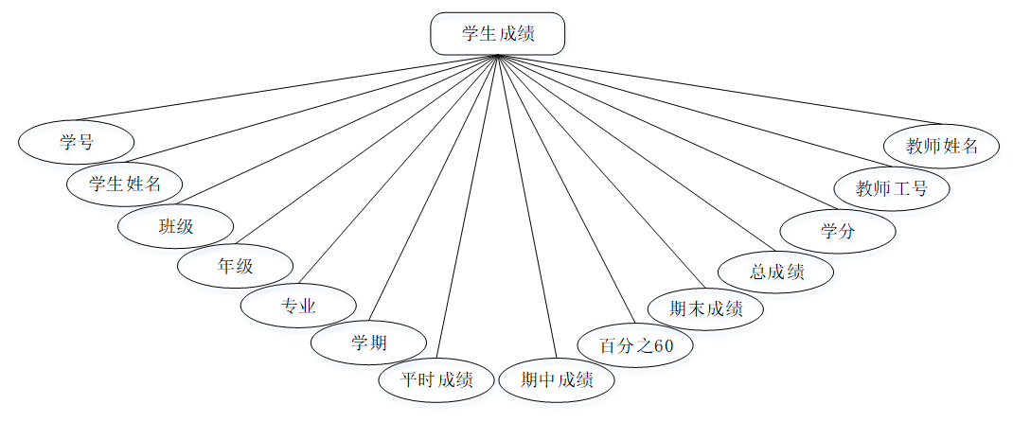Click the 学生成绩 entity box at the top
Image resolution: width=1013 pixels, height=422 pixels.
[x=497, y=34]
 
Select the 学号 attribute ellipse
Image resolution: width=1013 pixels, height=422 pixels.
[x=77, y=143]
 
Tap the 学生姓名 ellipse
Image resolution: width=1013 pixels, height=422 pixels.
[x=125, y=184]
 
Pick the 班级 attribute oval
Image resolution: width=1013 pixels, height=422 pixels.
[x=175, y=226]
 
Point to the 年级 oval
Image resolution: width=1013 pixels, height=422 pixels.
[x=236, y=266]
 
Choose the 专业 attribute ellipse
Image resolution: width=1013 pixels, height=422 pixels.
[x=298, y=307]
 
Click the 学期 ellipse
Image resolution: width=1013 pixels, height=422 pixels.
[x=368, y=343]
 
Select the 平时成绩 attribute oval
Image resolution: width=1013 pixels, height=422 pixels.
[x=436, y=380]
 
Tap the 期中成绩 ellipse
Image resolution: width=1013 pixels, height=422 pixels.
[x=557, y=380]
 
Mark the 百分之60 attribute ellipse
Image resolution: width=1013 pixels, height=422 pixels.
[x=635, y=345]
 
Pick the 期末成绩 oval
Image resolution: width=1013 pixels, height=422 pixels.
[x=705, y=308]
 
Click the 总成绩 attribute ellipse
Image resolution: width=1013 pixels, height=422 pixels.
[x=776, y=272]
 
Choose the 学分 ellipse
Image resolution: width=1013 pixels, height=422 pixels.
[x=838, y=231]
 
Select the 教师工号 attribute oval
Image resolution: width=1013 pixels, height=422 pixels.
[x=891, y=188]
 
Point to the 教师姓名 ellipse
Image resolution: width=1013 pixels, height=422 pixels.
[x=941, y=147]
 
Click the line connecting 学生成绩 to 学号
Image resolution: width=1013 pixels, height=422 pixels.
[x=284, y=89]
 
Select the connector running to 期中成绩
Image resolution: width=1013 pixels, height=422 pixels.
[x=525, y=208]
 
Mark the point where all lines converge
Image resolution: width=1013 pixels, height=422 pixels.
[x=497, y=57]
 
